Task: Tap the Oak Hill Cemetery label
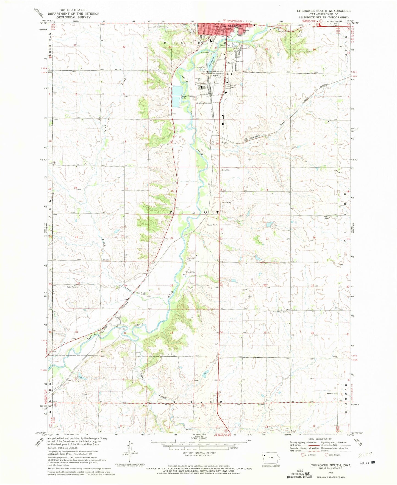[160, 27]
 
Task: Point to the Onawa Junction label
[203, 103]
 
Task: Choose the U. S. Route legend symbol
[303, 455]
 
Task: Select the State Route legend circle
[327, 455]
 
